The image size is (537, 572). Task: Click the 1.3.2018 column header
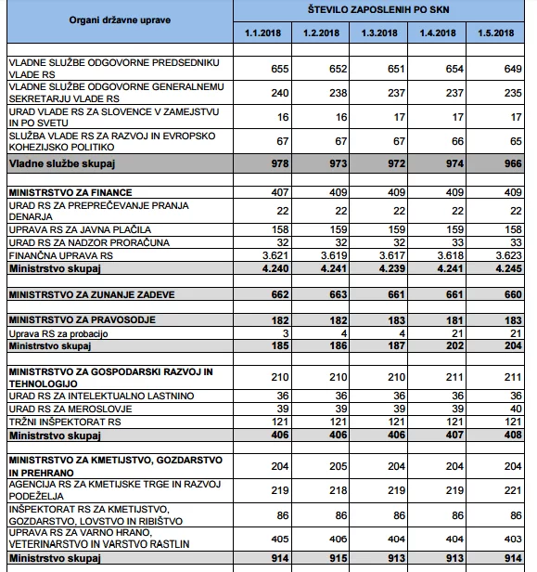point(379,32)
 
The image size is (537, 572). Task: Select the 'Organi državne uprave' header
point(120,20)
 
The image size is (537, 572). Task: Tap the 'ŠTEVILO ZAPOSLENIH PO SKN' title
point(378,9)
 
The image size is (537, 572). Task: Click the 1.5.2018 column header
point(496,32)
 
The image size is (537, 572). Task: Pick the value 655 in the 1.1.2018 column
point(280,69)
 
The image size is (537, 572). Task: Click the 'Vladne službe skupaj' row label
point(62,163)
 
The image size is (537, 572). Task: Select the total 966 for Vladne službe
point(513,163)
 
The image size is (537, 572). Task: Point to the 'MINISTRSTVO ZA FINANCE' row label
point(70,192)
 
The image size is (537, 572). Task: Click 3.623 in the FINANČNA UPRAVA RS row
point(509,255)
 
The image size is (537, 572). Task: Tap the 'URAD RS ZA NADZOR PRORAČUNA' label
point(89,242)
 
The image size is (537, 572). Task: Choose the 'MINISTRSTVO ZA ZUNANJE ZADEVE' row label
point(92,294)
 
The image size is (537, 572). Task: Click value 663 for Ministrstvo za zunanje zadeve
point(339,294)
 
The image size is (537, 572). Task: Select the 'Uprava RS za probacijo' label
point(58,333)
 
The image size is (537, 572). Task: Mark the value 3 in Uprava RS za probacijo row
point(286,333)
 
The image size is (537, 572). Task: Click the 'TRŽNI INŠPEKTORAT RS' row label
point(65,422)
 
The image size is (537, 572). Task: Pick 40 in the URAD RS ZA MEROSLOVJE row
point(516,409)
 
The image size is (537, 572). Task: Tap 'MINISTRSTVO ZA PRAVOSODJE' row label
point(83,320)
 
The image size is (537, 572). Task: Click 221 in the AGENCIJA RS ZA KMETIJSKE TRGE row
point(513,490)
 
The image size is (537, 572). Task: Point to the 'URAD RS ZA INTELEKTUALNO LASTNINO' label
point(102,396)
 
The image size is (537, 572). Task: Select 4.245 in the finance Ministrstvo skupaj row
point(509,268)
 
